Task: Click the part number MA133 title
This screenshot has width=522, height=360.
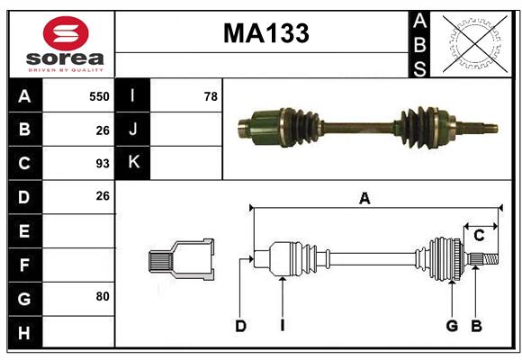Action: pyautogui.click(x=265, y=33)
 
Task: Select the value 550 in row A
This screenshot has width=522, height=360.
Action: pyautogui.click(x=99, y=95)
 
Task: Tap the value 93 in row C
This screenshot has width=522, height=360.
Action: pyautogui.click(x=102, y=164)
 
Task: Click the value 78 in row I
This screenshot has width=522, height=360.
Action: pyautogui.click(x=210, y=95)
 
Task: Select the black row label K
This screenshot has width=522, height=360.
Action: pyautogui.click(x=132, y=163)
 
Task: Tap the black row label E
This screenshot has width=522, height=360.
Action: pyautogui.click(x=24, y=231)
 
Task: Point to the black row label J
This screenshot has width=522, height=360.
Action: pyautogui.click(x=132, y=129)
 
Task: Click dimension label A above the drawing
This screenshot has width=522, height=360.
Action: pyautogui.click(x=364, y=199)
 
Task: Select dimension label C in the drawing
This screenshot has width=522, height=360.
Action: pyautogui.click(x=479, y=236)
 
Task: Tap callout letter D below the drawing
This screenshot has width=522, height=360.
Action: pyautogui.click(x=240, y=326)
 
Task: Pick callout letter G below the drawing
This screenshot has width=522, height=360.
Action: pyautogui.click(x=452, y=326)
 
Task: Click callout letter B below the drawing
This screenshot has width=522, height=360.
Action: pyautogui.click(x=476, y=326)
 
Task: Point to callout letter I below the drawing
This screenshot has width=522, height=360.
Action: pyautogui.click(x=282, y=326)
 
